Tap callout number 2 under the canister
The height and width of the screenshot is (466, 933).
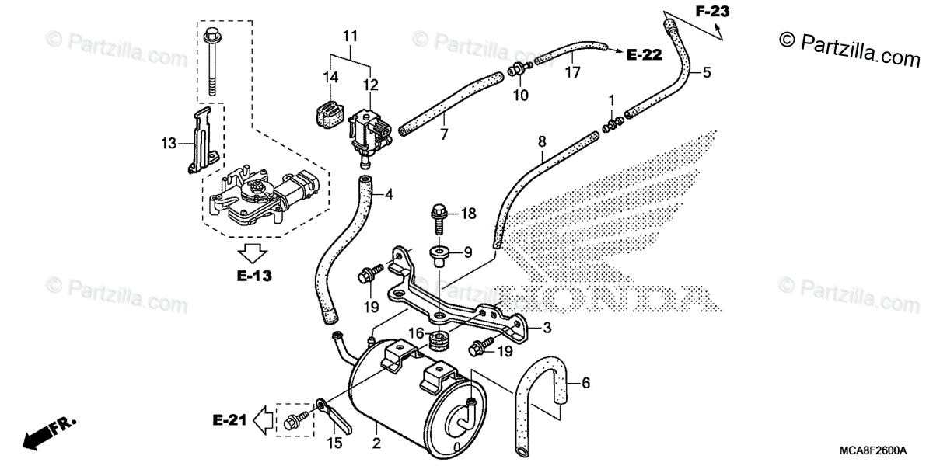click(376, 445)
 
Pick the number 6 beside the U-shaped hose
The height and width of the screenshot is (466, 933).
click(586, 383)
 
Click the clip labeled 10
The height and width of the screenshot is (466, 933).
click(515, 71)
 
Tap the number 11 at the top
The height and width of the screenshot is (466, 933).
click(350, 35)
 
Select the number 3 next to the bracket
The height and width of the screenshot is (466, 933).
click(547, 328)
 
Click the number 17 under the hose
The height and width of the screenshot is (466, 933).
click(573, 74)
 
